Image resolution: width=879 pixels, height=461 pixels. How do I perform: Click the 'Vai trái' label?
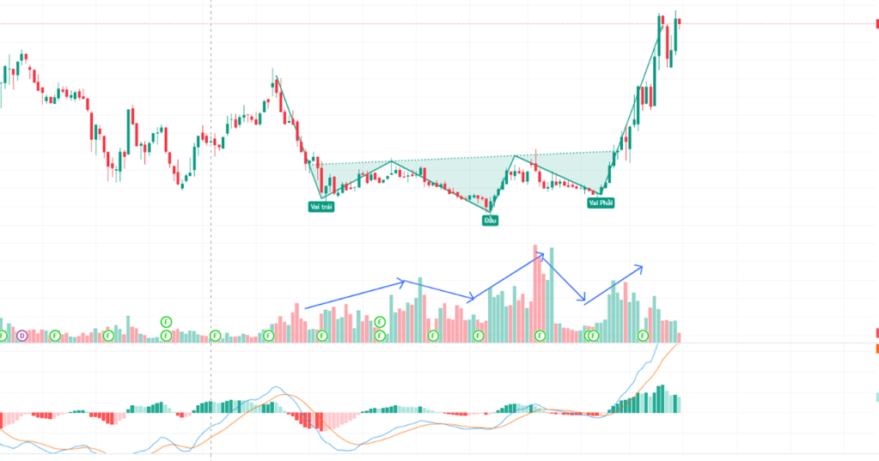click(x=321, y=206)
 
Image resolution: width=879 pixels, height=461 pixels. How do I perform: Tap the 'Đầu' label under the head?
click(x=490, y=220)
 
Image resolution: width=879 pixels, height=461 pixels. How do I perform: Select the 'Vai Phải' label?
click(x=601, y=203)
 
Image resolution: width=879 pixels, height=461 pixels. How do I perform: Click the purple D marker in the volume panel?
click(x=22, y=335)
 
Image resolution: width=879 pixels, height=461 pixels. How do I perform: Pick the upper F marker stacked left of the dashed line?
click(x=166, y=322)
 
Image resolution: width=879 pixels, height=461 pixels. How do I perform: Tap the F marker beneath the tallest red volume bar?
click(x=540, y=335)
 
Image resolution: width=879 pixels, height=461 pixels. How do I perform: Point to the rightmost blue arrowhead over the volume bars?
click(x=640, y=266)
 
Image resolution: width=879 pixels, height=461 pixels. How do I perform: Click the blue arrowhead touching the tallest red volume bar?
click(x=541, y=254)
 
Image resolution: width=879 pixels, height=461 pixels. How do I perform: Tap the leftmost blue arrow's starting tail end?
click(x=306, y=307)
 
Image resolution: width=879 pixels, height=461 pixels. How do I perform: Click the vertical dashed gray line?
click(x=211, y=172)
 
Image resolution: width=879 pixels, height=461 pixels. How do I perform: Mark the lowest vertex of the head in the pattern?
click(x=489, y=210)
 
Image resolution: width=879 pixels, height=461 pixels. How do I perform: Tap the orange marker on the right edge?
click(x=876, y=349)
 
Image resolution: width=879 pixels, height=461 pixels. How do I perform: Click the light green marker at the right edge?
click(x=876, y=397)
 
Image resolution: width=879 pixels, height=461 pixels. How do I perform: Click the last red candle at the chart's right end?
click(x=678, y=22)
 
